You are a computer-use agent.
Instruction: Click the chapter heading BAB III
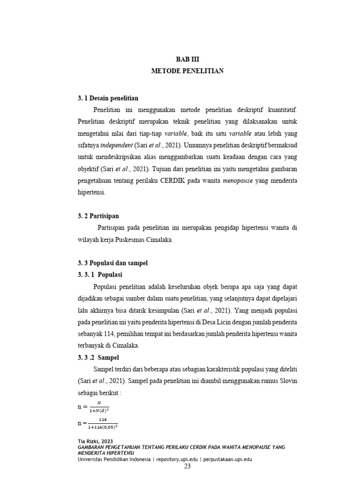tap(187, 60)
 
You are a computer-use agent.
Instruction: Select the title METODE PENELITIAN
tap(187, 71)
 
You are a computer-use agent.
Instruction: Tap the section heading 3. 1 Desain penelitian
tap(107, 98)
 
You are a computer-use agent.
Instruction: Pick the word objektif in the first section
tap(88, 169)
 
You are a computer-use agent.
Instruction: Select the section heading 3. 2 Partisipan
tap(98, 216)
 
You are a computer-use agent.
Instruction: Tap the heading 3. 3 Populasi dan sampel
tap(112, 263)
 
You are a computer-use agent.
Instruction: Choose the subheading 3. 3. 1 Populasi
tap(100, 275)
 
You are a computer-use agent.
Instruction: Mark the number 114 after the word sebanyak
tap(114, 334)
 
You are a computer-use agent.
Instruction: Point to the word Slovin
tap(287, 382)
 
